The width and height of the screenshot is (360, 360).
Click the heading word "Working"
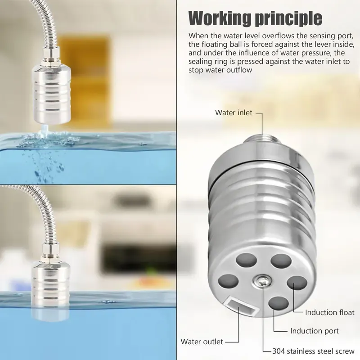219,18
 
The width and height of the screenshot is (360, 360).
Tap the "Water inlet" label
234,113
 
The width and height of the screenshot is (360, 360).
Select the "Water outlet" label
202,342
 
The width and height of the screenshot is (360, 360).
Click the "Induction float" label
329,312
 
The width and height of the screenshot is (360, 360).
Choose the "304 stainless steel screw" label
314,351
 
